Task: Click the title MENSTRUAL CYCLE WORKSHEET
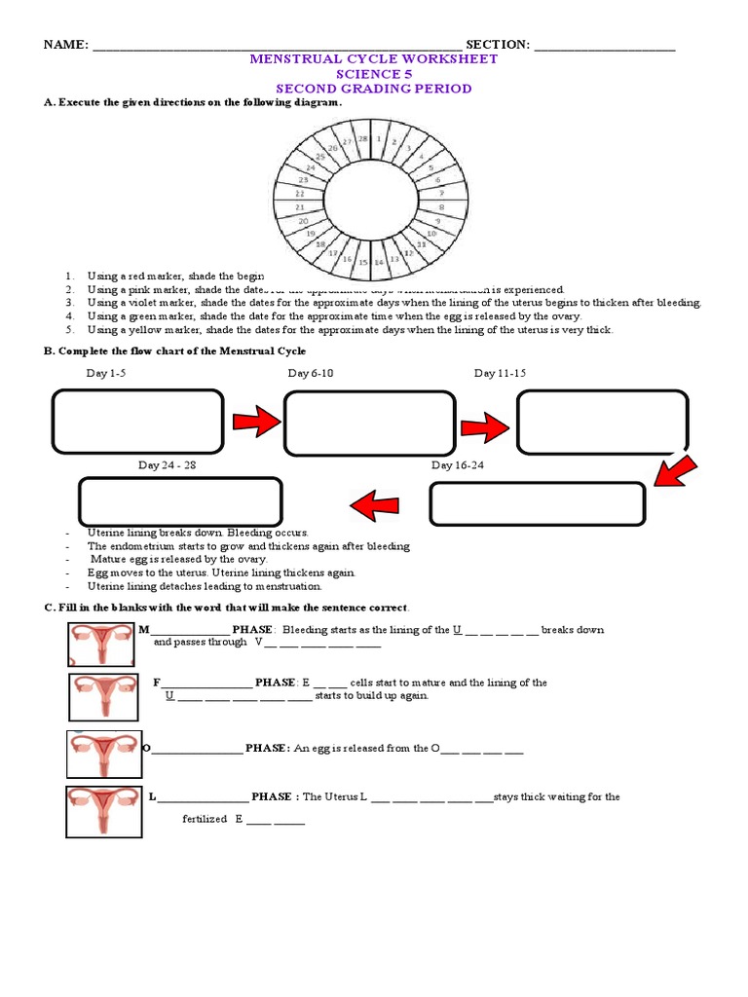pos(374,59)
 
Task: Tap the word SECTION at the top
pos(498,45)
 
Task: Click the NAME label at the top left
pos(64,45)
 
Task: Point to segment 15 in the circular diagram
pos(362,262)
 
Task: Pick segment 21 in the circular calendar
pos(300,207)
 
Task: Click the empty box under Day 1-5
pos(138,421)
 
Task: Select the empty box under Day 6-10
pos(369,422)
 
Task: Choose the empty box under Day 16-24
pos(538,503)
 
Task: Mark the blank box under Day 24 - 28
pos(180,501)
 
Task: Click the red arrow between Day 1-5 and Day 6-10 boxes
pos(255,421)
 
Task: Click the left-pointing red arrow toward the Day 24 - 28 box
pos(374,504)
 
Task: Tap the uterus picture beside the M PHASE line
pos(98,645)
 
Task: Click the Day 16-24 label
pos(457,465)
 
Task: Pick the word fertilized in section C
pos(205,820)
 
